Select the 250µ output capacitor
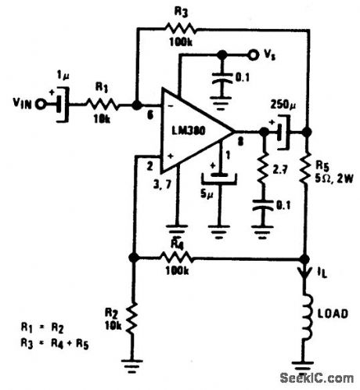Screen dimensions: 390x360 (x=279, y=131)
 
